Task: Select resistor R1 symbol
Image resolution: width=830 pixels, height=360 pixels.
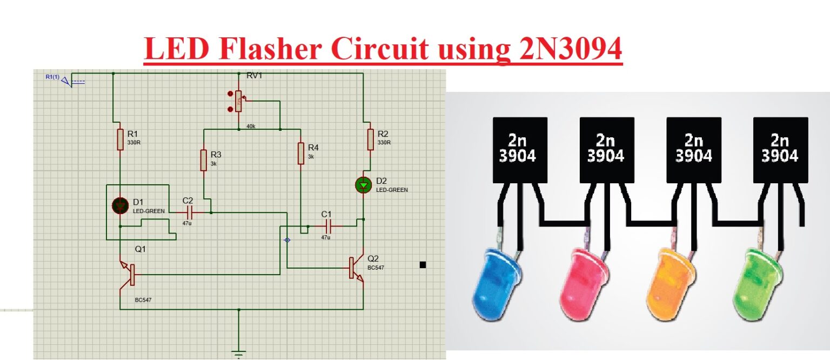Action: tap(119, 139)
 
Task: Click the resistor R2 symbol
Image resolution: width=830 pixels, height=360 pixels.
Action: tap(370, 139)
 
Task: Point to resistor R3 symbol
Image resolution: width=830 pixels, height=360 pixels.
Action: tap(204, 161)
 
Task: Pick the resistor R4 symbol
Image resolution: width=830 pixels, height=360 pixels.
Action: tap(300, 153)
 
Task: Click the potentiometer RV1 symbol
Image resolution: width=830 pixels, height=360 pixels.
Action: tap(238, 101)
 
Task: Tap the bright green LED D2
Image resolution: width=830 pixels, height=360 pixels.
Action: tap(363, 185)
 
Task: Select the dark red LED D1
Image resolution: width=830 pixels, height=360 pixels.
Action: tap(119, 205)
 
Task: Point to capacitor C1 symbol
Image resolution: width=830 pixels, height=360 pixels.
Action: tap(327, 226)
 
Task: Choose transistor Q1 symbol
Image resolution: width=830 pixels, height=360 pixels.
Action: tap(128, 274)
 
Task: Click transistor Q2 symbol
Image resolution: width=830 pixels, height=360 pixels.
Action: tap(356, 269)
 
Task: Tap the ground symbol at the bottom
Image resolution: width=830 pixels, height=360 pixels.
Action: tap(238, 354)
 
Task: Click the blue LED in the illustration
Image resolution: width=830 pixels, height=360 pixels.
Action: tap(494, 283)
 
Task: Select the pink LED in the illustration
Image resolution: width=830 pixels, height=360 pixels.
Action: tap(581, 283)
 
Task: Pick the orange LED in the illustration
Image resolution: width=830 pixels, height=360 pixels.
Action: tap(668, 283)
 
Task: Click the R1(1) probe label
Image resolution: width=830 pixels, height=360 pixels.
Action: tap(53, 77)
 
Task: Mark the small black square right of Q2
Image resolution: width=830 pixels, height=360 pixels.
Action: tap(423, 264)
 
